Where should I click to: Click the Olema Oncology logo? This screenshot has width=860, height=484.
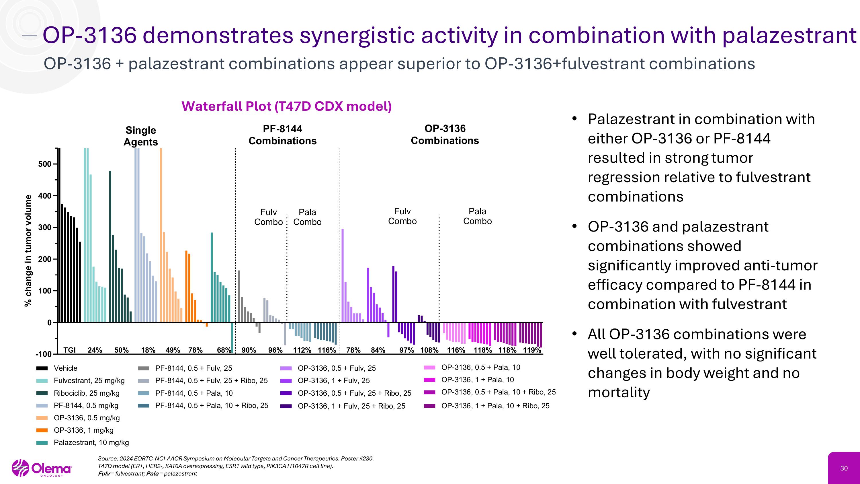pyautogui.click(x=42, y=468)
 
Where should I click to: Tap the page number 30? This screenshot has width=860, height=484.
pyautogui.click(x=844, y=468)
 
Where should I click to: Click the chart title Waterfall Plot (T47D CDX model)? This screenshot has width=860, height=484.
pyautogui.click(x=286, y=106)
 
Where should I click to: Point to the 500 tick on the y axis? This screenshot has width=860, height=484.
pyautogui.click(x=45, y=164)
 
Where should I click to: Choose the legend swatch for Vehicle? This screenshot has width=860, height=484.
pyautogui.click(x=42, y=368)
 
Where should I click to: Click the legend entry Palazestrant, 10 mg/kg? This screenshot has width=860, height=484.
pyautogui.click(x=91, y=443)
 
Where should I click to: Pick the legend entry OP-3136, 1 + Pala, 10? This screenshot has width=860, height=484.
pyautogui.click(x=477, y=380)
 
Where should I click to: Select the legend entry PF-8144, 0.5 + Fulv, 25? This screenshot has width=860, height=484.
pyautogui.click(x=193, y=368)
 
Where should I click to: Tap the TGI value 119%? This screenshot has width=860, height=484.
pyautogui.click(x=532, y=350)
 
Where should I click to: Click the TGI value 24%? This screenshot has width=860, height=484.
pyautogui.click(x=95, y=350)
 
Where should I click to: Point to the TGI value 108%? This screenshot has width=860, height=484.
pyautogui.click(x=429, y=350)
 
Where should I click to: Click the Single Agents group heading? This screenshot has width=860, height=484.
pyautogui.click(x=140, y=136)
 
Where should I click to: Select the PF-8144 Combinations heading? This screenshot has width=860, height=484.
pyautogui.click(x=282, y=135)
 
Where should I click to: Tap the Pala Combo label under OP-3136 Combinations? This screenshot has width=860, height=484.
pyautogui.click(x=477, y=216)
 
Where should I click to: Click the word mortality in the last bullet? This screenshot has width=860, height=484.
pyautogui.click(x=619, y=392)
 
